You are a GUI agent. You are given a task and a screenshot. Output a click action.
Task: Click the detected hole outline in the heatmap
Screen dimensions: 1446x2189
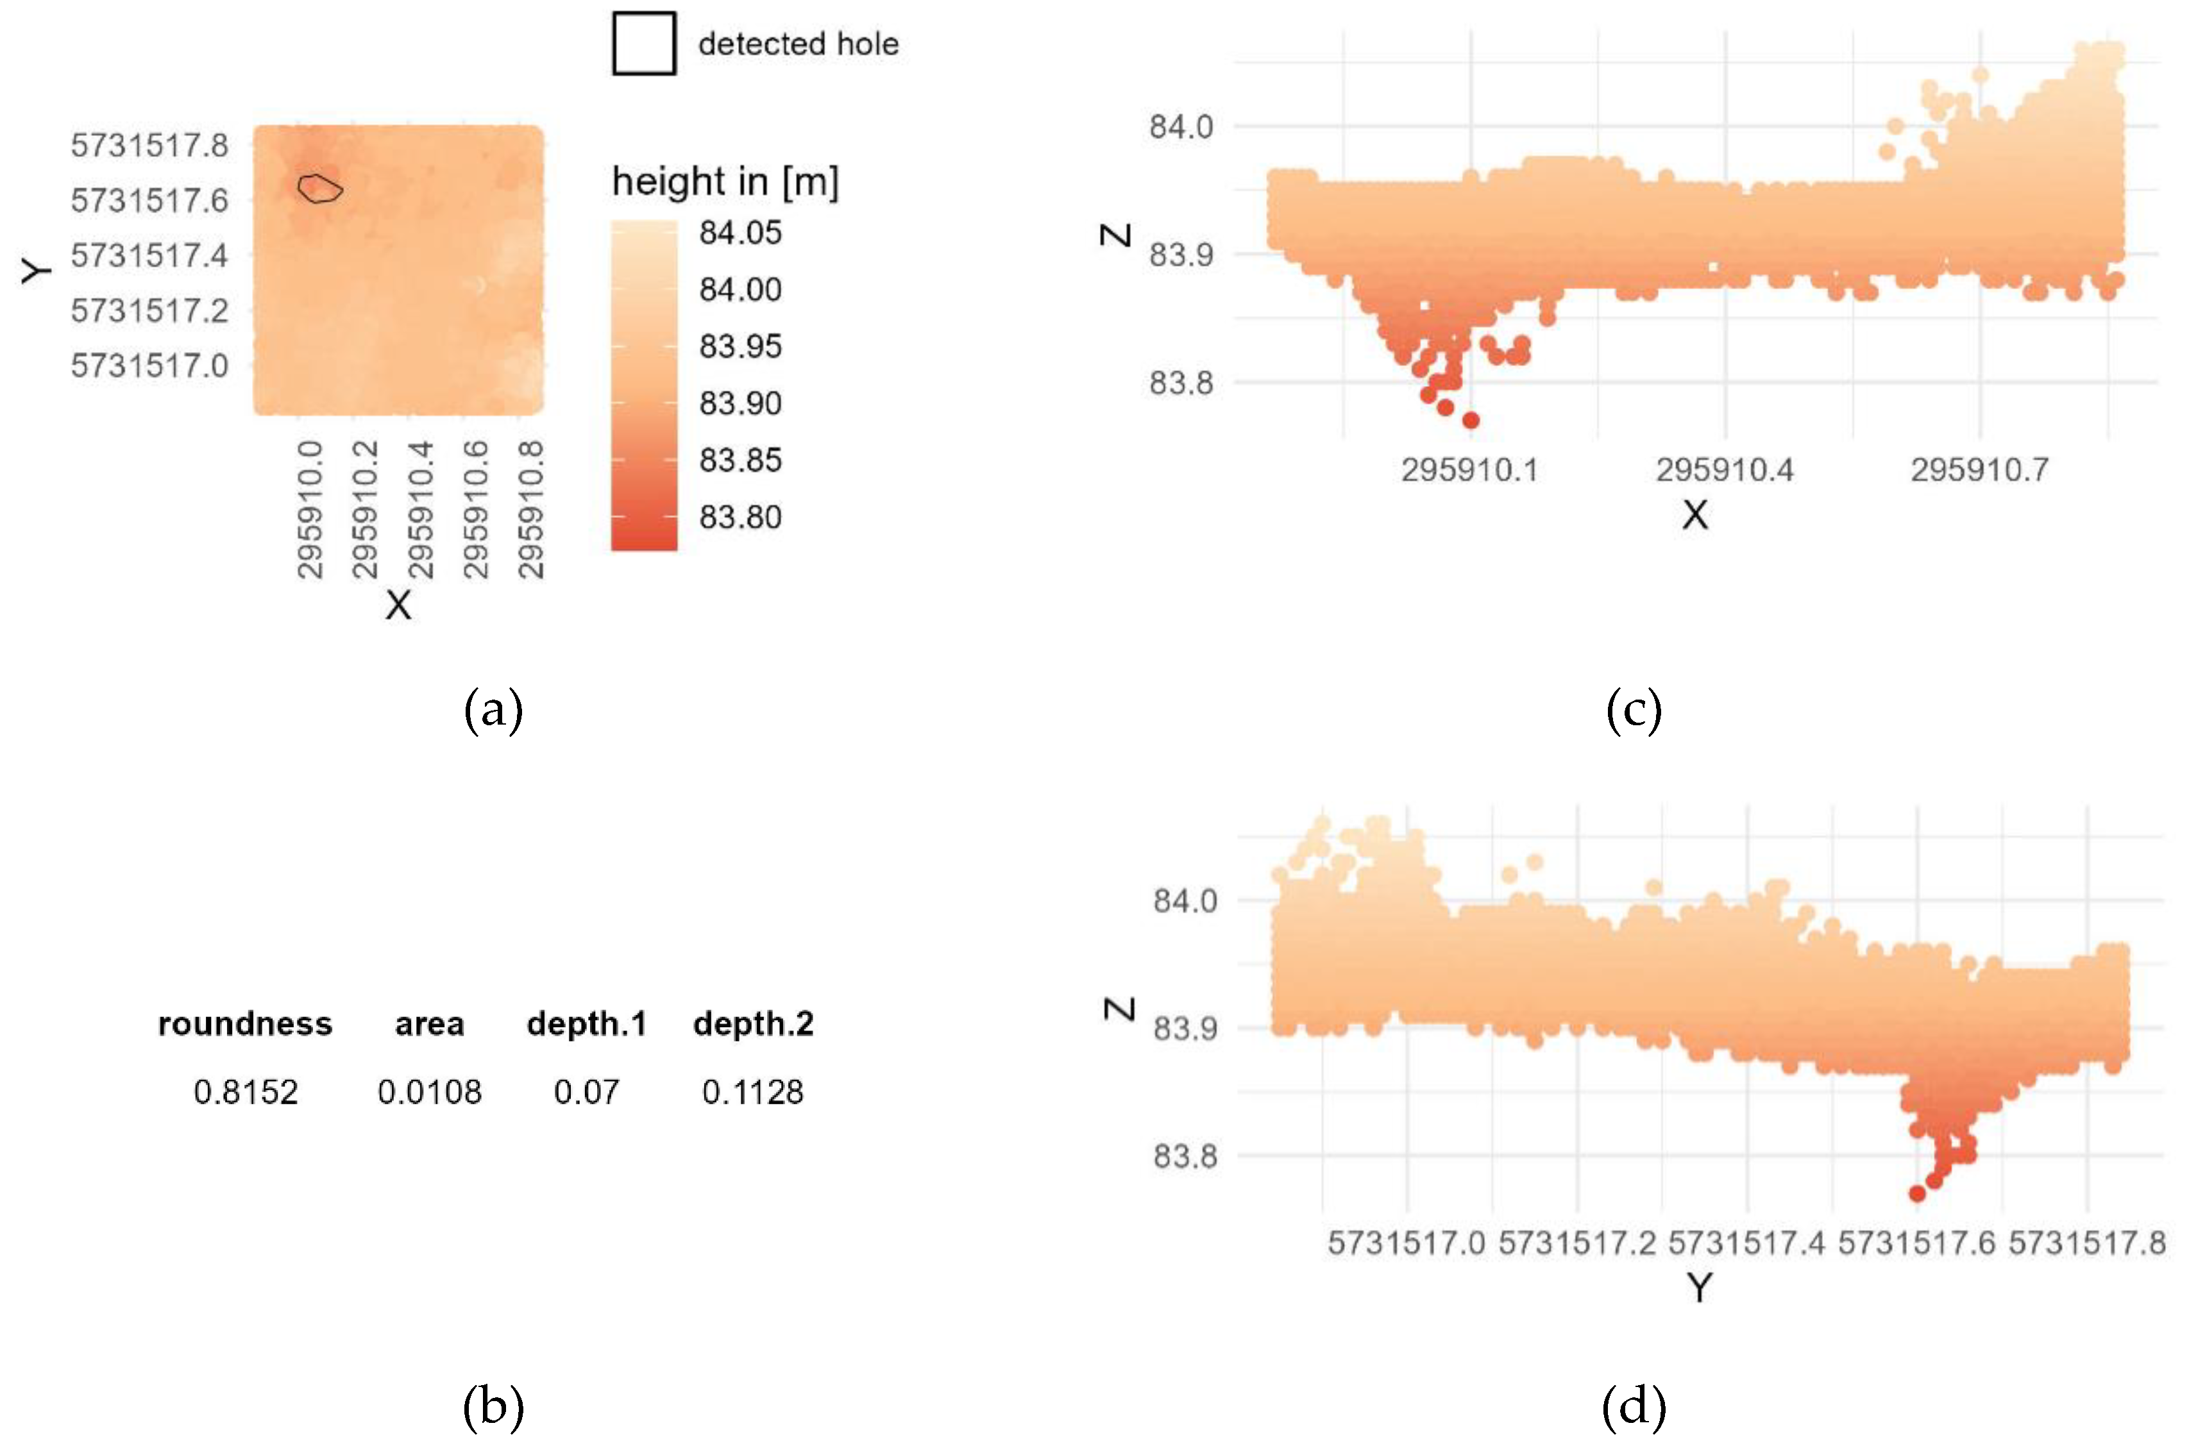click(320, 188)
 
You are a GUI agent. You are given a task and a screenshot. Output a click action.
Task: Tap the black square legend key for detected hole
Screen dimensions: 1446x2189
click(644, 44)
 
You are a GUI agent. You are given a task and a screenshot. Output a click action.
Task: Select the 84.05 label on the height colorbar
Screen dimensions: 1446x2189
click(740, 232)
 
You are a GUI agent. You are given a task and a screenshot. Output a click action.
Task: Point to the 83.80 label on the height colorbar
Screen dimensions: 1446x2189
click(740, 517)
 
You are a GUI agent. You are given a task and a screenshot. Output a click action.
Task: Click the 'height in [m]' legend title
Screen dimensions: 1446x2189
click(725, 181)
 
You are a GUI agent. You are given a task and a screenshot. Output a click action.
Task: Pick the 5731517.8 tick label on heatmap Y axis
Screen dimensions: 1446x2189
click(149, 145)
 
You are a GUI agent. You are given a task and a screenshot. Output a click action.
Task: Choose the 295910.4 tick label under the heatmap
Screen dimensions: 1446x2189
click(419, 509)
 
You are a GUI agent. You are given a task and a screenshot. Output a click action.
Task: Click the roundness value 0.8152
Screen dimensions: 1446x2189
click(246, 1092)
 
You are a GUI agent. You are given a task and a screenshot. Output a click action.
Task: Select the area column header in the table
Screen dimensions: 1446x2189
click(429, 1023)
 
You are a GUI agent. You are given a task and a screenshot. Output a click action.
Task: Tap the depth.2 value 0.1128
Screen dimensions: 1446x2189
click(753, 1092)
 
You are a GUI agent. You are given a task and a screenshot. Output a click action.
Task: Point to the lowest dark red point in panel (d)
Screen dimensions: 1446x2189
click(1917, 1193)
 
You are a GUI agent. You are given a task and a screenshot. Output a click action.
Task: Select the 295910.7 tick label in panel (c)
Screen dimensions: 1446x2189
click(1979, 470)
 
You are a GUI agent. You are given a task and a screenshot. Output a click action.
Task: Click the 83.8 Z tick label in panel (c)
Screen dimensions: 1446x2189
click(1181, 382)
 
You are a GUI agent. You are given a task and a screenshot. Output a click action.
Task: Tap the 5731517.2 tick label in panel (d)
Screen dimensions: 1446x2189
click(1577, 1243)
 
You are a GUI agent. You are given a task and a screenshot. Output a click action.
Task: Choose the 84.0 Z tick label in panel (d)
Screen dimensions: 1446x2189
click(1185, 900)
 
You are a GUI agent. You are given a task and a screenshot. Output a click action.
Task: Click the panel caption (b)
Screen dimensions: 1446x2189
click(493, 1406)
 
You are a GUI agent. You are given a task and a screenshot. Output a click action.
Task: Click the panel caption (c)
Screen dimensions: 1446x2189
click(1634, 710)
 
